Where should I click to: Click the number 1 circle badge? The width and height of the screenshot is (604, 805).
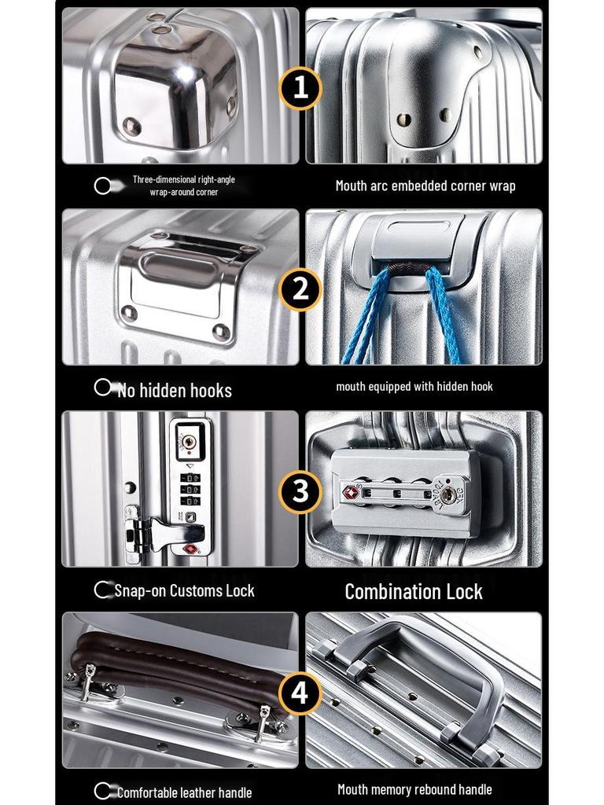(301, 87)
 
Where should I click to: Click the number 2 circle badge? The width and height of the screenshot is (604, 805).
(301, 289)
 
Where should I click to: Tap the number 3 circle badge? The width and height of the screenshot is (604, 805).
(301, 491)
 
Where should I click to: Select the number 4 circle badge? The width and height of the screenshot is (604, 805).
(301, 693)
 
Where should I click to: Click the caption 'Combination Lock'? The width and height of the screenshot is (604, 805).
(414, 592)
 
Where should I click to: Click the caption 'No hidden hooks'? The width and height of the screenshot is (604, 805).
(174, 390)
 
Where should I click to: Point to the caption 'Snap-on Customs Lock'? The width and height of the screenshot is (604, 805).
(184, 590)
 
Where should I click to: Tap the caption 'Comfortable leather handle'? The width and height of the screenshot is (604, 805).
(184, 792)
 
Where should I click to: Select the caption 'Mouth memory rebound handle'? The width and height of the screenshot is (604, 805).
(414, 789)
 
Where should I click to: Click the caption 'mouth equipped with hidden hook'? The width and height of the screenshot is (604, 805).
(414, 387)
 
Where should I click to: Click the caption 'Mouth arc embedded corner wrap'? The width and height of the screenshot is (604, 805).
(425, 186)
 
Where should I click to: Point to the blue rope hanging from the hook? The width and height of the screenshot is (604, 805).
(363, 314)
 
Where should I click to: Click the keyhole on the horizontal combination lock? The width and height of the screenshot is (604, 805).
(447, 494)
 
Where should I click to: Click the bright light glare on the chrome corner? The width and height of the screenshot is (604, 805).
(184, 74)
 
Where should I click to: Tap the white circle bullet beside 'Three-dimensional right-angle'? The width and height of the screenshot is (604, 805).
(102, 186)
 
